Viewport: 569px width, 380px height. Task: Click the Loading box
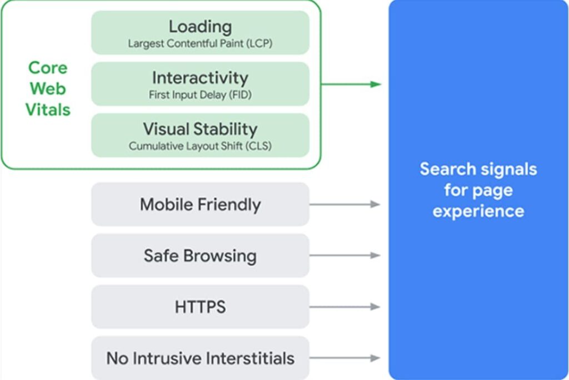200,32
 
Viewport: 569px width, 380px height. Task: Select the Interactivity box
200,83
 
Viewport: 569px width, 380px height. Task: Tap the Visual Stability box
200,135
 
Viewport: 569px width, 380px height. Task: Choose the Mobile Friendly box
200,204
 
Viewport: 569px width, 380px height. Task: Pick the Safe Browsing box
200,255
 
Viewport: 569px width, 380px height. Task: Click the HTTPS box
200,307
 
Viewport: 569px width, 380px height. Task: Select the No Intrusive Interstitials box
200,358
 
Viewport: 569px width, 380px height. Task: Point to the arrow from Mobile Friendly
345,204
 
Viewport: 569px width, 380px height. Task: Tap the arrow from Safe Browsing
345,255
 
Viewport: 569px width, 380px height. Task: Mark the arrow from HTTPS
345,307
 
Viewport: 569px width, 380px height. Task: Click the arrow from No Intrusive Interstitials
345,358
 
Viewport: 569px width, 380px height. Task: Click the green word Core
48,68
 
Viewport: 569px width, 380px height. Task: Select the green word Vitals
48,109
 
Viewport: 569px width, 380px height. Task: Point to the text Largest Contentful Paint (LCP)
200,43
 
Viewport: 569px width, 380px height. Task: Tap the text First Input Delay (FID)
200,95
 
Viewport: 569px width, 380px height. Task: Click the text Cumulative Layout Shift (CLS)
200,146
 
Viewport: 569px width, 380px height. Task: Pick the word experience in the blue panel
478,211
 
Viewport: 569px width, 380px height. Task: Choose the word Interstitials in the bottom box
248,358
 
